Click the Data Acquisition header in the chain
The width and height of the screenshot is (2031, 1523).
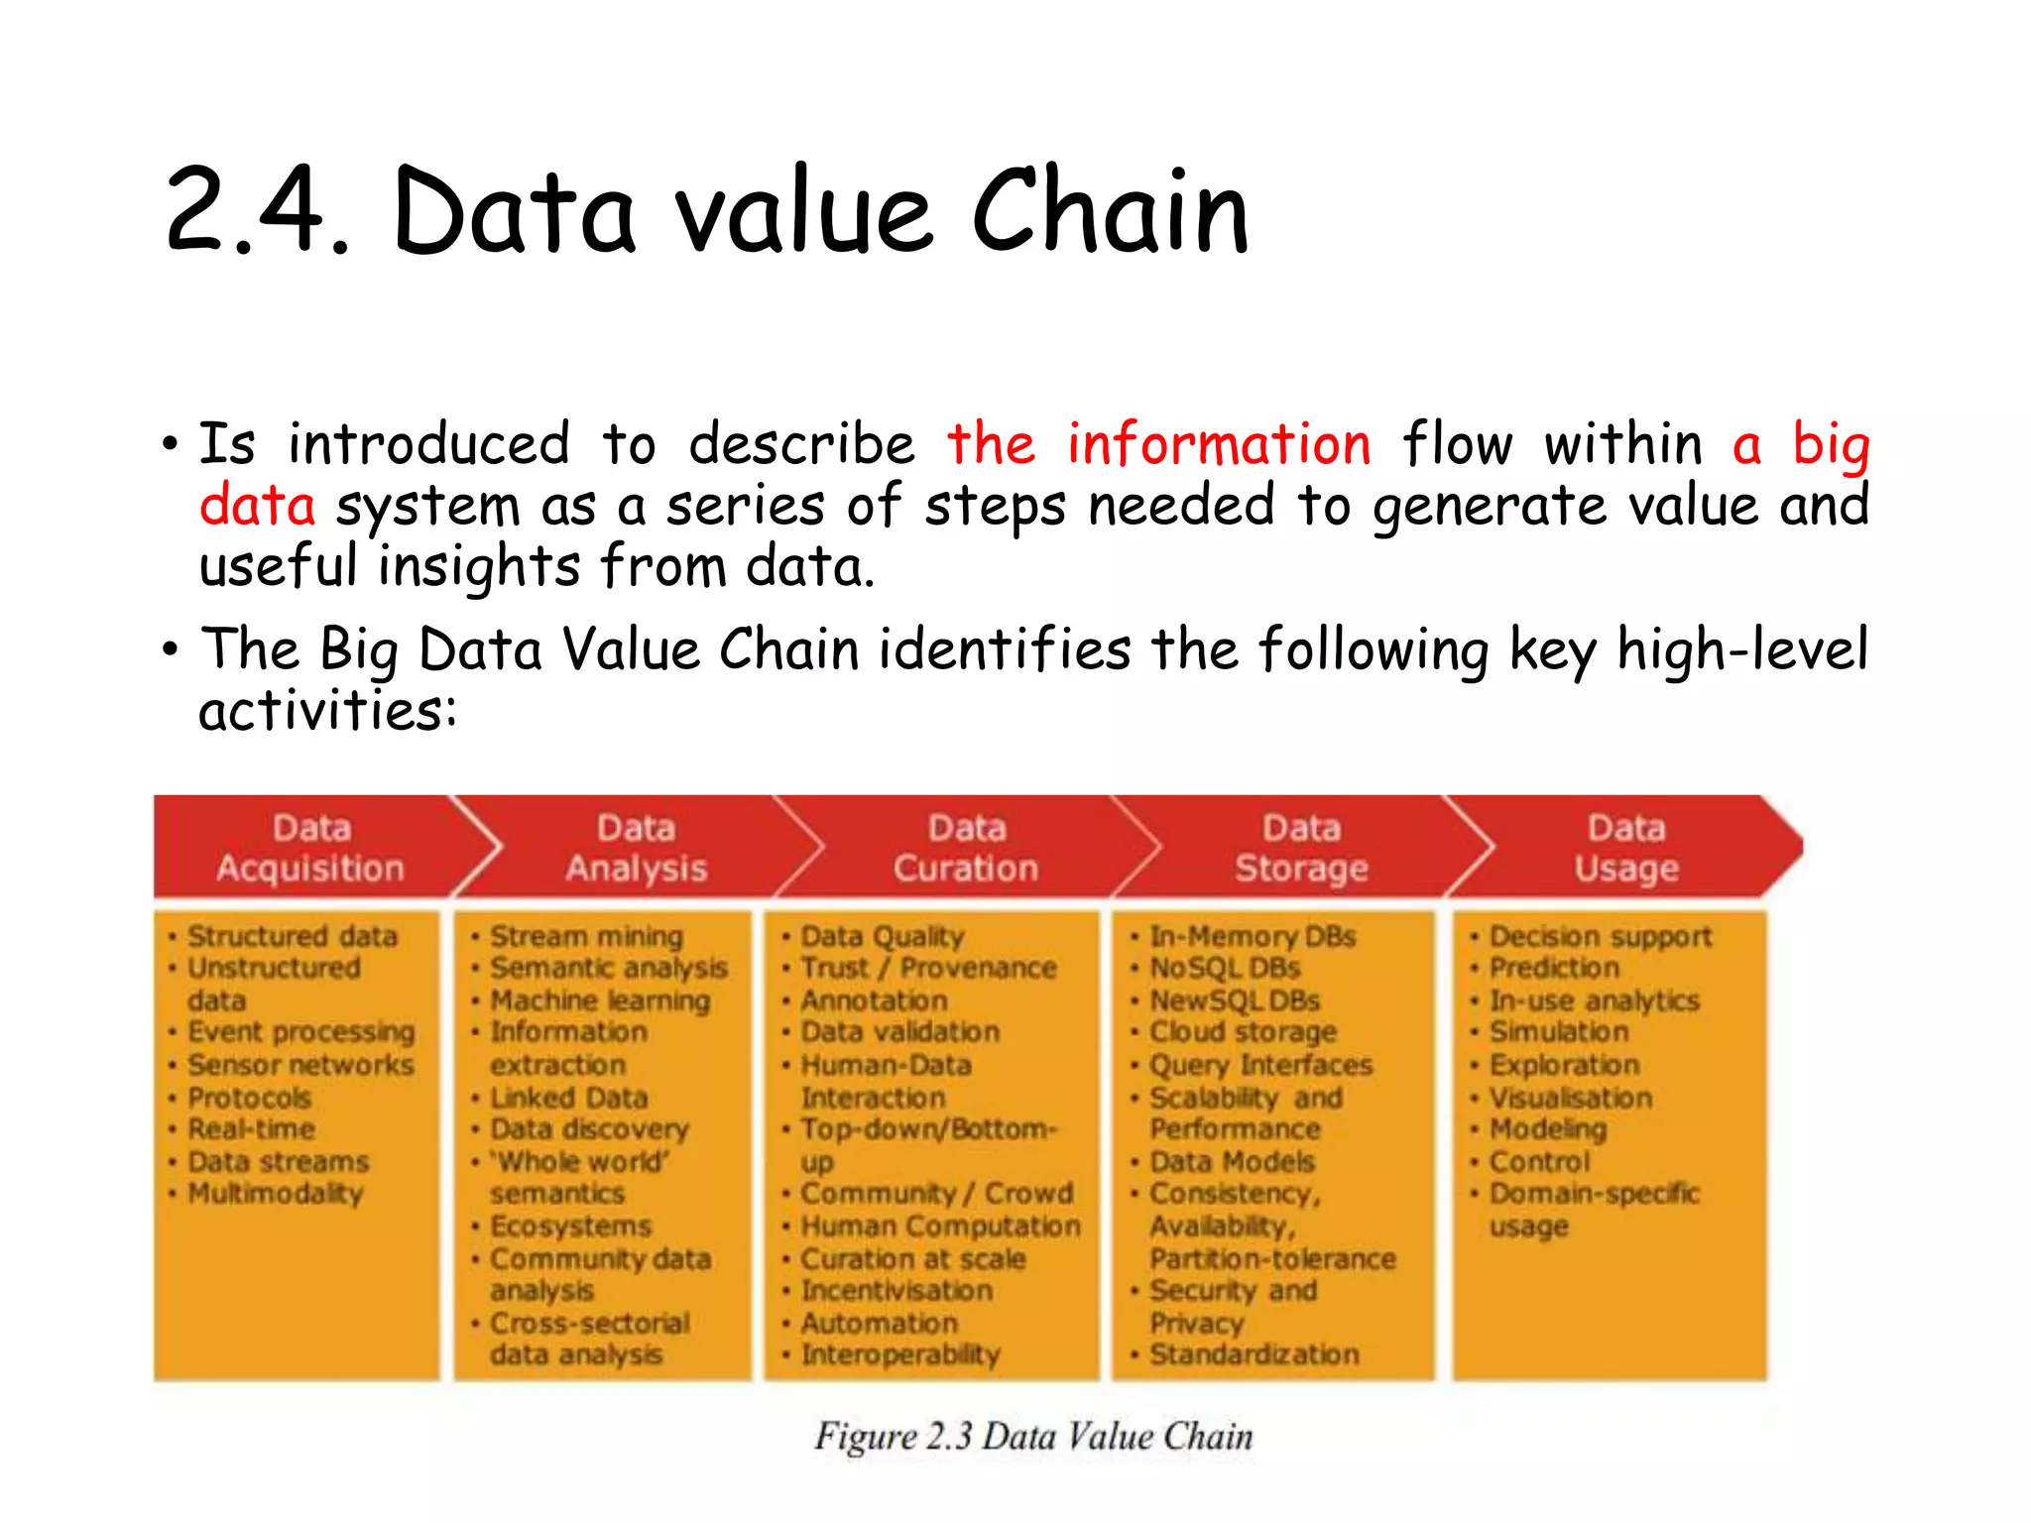pos(310,848)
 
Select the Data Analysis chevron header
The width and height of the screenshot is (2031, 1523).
pos(636,848)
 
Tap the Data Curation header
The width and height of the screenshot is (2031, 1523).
pos(966,848)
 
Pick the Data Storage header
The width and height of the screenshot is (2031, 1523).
pos(1301,848)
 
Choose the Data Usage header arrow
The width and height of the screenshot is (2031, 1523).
pos(1626,848)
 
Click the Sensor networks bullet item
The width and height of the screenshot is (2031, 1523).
pos(300,1065)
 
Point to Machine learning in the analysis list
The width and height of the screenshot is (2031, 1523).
pos(600,1000)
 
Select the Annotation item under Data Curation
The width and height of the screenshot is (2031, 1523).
pos(874,1000)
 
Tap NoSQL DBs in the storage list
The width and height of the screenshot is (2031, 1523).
pos(1225,968)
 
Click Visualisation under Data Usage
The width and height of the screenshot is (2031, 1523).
pos(1571,1098)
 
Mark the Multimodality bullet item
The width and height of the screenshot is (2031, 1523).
pos(276,1193)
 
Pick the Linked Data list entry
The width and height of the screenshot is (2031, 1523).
pos(568,1098)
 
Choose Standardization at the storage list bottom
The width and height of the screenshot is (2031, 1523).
pos(1254,1354)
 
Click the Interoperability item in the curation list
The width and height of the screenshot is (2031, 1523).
pos(900,1354)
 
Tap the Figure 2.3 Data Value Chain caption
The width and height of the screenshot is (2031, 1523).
pos(1033,1437)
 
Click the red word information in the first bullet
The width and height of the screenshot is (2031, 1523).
pos(1219,443)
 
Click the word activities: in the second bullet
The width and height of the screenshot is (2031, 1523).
pos(327,711)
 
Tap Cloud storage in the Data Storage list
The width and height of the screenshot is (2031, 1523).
pos(1243,1032)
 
